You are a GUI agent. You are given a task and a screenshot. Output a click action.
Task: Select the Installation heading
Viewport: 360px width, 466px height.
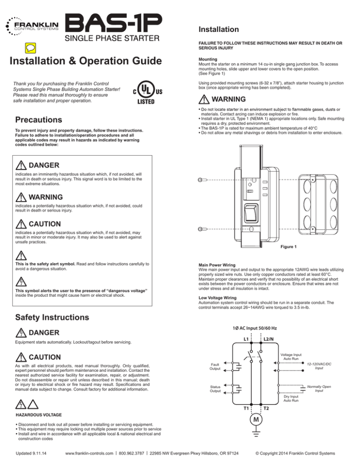click(219, 29)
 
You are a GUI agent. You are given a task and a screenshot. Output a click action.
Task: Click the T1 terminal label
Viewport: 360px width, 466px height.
click(245, 408)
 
